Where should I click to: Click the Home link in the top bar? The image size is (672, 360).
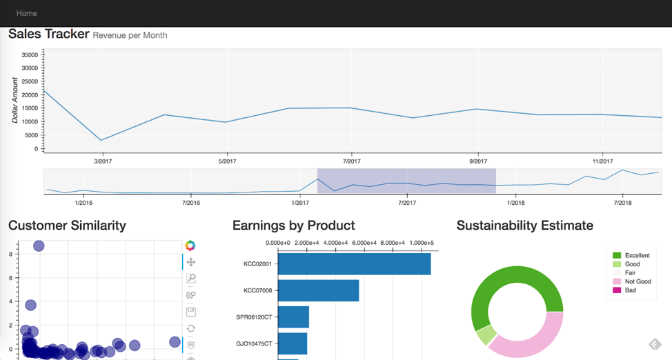[26, 13]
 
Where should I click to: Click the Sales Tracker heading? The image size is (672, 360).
[48, 34]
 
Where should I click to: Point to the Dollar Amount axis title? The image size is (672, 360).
[14, 100]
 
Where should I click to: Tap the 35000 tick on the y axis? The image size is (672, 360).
[29, 54]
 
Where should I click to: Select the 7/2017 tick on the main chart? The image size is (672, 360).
[352, 161]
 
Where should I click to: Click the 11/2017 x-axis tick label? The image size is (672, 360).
[602, 161]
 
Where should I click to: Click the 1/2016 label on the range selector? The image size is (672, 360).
[83, 203]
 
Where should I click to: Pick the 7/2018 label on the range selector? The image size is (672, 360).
[622, 203]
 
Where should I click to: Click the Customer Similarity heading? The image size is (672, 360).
[67, 226]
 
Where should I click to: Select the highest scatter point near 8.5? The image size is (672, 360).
[39, 246]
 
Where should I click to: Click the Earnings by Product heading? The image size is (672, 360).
[293, 226]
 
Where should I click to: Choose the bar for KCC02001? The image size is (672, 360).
[354, 263]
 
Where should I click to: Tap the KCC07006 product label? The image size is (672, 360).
[257, 290]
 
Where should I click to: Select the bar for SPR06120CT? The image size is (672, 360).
[293, 317]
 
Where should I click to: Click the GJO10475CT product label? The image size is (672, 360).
[254, 343]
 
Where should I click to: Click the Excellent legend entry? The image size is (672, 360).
[637, 255]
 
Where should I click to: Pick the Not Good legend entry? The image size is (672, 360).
[638, 281]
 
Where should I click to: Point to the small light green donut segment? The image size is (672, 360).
[486, 335]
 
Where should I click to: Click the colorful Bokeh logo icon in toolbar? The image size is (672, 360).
[190, 246]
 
